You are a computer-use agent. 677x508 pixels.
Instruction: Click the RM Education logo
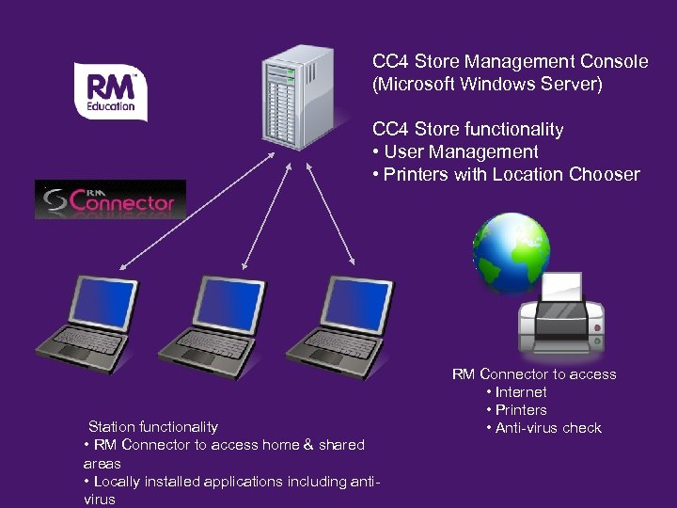[111, 91]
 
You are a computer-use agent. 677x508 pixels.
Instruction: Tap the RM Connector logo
[111, 199]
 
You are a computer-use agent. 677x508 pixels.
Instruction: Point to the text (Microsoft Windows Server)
[487, 85]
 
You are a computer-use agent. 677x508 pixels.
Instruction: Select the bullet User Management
[455, 152]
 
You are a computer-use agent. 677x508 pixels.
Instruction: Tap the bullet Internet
[516, 392]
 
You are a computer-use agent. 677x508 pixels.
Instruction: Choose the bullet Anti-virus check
[543, 428]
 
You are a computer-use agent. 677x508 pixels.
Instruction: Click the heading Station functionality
[152, 427]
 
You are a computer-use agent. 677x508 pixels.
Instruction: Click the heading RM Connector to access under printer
[534, 374]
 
